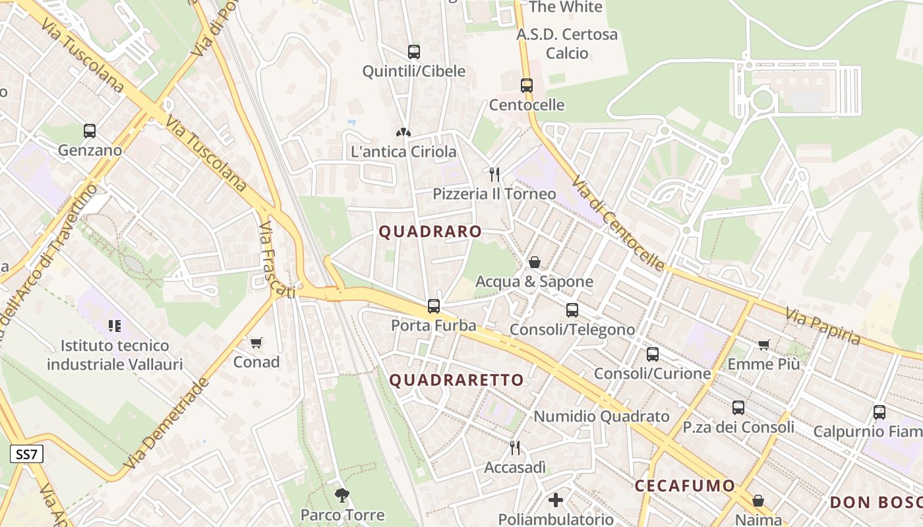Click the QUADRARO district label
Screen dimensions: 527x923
430,232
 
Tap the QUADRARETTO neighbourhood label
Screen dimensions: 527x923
456,380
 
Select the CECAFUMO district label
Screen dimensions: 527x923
684,486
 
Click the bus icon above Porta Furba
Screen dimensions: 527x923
433,306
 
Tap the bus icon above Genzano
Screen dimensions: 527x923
90,130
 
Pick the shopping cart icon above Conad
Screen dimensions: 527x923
256,343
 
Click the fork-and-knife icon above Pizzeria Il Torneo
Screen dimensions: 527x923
494,174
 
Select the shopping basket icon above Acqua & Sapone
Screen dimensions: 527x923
535,262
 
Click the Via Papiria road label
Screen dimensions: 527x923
823,327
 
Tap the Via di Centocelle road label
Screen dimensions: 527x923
618,223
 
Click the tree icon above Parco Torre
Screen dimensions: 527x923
342,495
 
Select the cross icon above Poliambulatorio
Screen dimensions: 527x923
556,499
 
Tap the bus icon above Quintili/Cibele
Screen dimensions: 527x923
413,51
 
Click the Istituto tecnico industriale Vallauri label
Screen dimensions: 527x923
115,354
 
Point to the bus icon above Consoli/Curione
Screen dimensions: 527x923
652,354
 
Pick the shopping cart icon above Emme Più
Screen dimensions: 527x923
763,345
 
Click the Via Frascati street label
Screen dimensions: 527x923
276,260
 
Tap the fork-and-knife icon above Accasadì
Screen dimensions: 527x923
515,448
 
